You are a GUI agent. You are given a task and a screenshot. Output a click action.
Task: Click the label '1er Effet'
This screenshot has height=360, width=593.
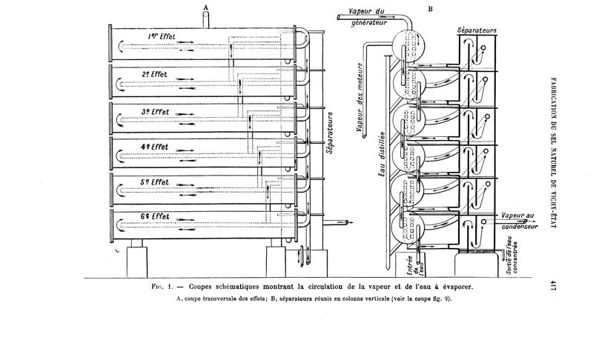[x=162, y=36]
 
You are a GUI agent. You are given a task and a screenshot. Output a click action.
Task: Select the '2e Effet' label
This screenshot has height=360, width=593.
[x=154, y=74]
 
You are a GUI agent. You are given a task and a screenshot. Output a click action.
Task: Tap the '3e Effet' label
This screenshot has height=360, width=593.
[x=155, y=112]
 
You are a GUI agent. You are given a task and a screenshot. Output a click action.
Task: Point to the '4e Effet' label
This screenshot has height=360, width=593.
[x=154, y=147]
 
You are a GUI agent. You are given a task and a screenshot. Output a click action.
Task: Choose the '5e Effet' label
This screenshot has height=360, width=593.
[x=155, y=182]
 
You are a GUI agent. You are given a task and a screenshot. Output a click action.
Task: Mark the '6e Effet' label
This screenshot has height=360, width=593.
[x=155, y=216]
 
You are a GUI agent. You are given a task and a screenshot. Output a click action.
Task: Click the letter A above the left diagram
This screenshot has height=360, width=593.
[x=206, y=7]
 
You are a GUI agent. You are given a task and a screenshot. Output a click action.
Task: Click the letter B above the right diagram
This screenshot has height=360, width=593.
[x=431, y=9]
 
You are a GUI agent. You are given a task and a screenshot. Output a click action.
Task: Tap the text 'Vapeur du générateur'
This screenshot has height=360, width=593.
[x=368, y=17]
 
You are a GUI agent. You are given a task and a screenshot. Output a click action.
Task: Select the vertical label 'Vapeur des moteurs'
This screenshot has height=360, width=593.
[x=360, y=98]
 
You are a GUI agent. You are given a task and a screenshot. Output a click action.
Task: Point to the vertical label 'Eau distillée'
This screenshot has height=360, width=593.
[x=381, y=154]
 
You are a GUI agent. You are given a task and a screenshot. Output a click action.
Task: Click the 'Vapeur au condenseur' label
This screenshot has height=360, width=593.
[x=520, y=221]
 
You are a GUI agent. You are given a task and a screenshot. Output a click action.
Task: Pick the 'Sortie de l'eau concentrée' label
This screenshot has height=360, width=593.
[x=511, y=255]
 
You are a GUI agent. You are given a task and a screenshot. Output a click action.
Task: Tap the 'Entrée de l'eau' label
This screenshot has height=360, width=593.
[x=415, y=265]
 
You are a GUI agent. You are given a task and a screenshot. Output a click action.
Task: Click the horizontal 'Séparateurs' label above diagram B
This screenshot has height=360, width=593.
[x=477, y=30]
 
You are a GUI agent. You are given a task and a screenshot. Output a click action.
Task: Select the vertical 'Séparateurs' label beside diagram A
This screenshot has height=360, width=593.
[x=330, y=133]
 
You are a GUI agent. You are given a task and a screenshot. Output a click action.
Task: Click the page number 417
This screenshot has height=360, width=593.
[x=552, y=285]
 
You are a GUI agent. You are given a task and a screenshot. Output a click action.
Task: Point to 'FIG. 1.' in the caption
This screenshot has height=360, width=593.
[x=162, y=287]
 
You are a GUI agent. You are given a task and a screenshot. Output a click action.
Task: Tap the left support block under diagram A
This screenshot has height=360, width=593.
[x=137, y=262]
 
